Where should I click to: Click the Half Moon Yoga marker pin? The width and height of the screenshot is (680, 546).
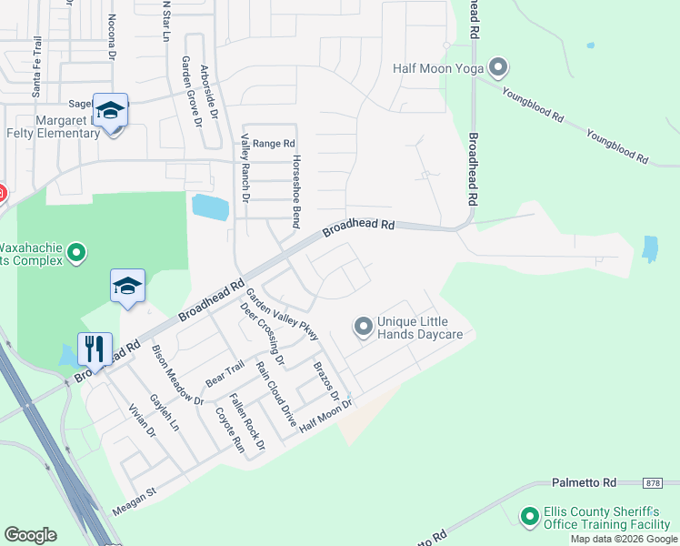click(497, 67)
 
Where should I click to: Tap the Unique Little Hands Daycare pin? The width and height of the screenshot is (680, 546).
click(363, 326)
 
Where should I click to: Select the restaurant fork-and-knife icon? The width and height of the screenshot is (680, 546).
click(95, 349)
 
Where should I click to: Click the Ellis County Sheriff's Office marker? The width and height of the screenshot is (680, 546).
click(530, 517)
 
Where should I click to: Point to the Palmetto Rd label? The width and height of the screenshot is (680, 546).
click(585, 481)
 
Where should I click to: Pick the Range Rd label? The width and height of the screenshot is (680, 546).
click(274, 144)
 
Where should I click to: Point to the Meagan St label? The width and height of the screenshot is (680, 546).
click(135, 502)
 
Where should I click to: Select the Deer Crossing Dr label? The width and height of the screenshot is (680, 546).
click(262, 334)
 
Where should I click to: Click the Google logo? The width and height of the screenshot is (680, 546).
click(30, 535)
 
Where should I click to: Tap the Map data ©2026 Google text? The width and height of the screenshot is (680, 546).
click(623, 539)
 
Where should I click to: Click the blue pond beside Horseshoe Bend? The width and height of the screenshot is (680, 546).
click(210, 207)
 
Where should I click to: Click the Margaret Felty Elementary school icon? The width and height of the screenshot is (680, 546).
click(110, 111)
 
